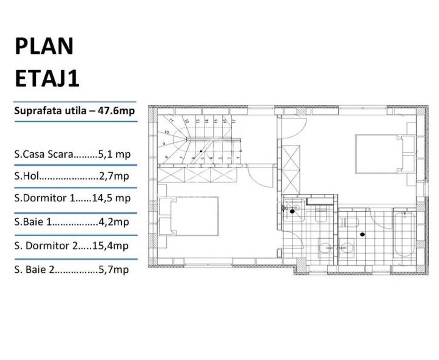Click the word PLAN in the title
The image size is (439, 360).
pyautogui.click(x=44, y=46)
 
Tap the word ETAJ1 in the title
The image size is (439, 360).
pyautogui.click(x=47, y=78)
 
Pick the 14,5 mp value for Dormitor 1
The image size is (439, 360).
pyautogui.click(x=114, y=198)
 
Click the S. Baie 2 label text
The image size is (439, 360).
pyautogui.click(x=34, y=270)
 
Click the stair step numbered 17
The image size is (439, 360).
pyautogui.click(x=234, y=120)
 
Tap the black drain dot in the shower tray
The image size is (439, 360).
pyautogui.click(x=293, y=211)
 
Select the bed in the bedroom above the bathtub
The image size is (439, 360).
pyautogui.click(x=378, y=154)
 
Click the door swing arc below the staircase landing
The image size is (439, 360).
pyautogui.click(x=260, y=176)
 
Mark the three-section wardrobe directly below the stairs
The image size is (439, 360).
pyautogui.click(x=197, y=175)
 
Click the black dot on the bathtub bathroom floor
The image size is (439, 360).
pyautogui.click(x=363, y=234)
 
